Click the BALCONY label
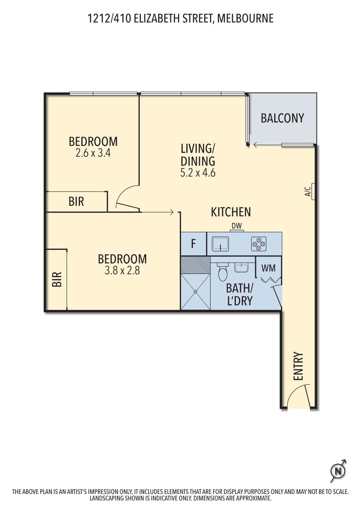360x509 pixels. tap(282, 118)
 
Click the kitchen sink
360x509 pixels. tap(220, 244)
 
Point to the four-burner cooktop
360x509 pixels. tap(259, 244)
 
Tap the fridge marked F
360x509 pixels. tap(193, 244)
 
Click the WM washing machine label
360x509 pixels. tap(268, 268)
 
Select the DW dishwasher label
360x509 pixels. tap(236, 226)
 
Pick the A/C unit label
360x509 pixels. tap(308, 192)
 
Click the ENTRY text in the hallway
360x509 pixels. tap(298, 366)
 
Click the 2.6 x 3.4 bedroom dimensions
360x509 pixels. tap(93, 153)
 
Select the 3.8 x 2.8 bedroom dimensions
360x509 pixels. tap(122, 270)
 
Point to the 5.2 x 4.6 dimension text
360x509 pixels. tap(198, 173)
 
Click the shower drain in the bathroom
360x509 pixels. tap(195, 292)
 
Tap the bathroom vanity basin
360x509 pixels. tap(241, 268)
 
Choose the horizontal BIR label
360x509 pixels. tap(76, 201)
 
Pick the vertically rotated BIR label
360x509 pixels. tap(57, 279)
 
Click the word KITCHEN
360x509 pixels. tap(231, 212)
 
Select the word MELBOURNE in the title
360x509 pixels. tap(245, 18)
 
